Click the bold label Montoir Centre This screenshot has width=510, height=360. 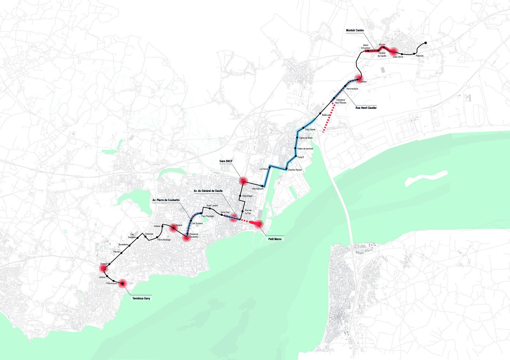pos(355,31)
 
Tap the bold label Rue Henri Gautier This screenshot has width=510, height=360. pos(366,108)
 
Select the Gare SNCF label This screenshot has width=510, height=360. pos(226,161)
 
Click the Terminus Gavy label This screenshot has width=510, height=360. pos(141,299)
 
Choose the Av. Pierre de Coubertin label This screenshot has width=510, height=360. pos(166,200)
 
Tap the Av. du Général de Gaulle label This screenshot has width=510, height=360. pos(208,191)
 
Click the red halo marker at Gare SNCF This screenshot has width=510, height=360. pos(244,181)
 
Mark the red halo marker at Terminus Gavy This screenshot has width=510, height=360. pos(122,283)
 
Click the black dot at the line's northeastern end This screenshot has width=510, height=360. pos(426,43)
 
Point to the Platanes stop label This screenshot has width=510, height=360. pos(419,56)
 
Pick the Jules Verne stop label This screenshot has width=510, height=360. pos(398,57)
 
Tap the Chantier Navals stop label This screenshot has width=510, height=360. pos(295,170)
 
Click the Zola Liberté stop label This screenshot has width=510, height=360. pos(310,130)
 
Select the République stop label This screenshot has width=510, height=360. pos(247,196)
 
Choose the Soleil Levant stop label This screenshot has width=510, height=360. pos(212,206)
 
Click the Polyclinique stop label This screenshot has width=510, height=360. pos(112,283)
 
